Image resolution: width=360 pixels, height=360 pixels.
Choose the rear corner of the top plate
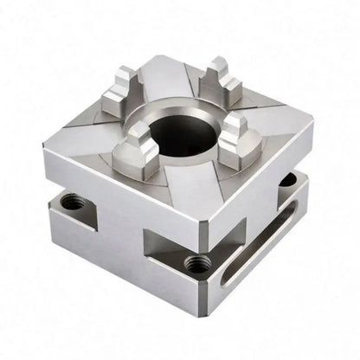[x=160, y=58]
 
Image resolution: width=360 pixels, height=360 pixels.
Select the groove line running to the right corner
[x=277, y=112]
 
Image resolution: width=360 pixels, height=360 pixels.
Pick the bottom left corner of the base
[x=52, y=221]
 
